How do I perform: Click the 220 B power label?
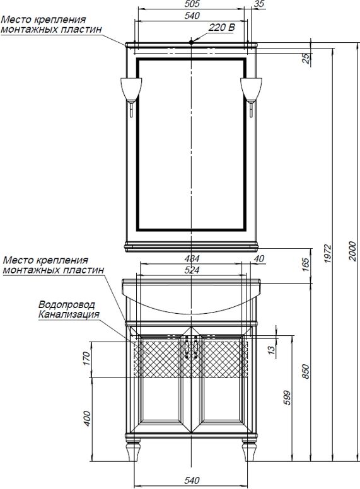pyautogui.click(x=221, y=28)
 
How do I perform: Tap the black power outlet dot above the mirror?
pyautogui.click(x=191, y=41)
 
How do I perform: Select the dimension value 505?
pyautogui.click(x=192, y=4)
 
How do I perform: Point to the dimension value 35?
pyautogui.click(x=259, y=4)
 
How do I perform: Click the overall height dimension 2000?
pyautogui.click(x=352, y=251)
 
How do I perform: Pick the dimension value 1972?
pyautogui.click(x=328, y=253)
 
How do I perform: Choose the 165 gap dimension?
pyautogui.click(x=306, y=265)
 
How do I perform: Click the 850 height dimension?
pyautogui.click(x=306, y=371)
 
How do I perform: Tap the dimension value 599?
pyautogui.click(x=287, y=398)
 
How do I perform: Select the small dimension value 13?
pyautogui.click(x=272, y=349)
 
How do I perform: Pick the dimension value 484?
pyautogui.click(x=192, y=258)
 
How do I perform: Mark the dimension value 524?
pyautogui.click(x=192, y=270)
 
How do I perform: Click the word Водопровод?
pyautogui.click(x=67, y=304)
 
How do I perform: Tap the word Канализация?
pyautogui.click(x=69, y=314)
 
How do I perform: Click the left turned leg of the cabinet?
pyautogui.click(x=134, y=450)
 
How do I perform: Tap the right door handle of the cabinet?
pyautogui.click(x=195, y=347)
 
